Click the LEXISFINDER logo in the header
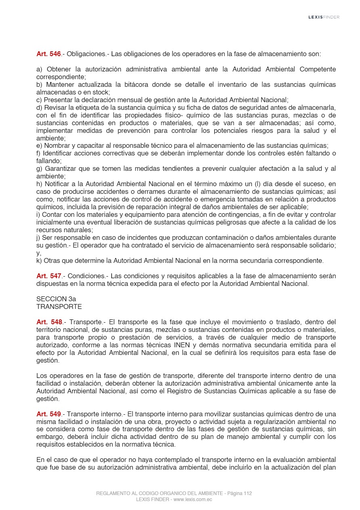pyautogui.click(x=324, y=17)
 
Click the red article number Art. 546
pyautogui.click(x=48, y=54)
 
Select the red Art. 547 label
pyautogui.click(x=48, y=276)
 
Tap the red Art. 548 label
pyautogui.click(x=49, y=322)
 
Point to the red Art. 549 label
pyautogui.click(x=48, y=414)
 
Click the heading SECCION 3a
pyautogui.click(x=56, y=299)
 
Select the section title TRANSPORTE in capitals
pyautogui.click(x=59, y=307)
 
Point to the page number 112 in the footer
pyautogui.click(x=248, y=493)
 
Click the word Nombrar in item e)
pyautogui.click(x=58, y=146)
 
